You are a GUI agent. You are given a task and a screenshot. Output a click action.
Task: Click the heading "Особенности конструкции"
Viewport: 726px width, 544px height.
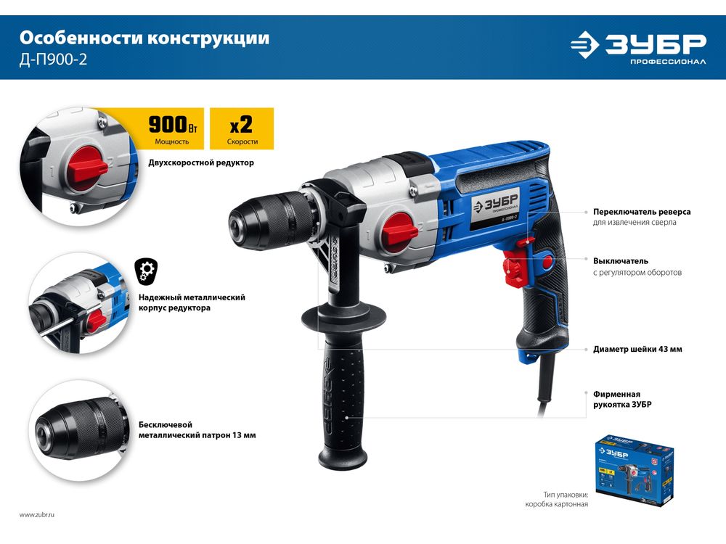tap(144, 38)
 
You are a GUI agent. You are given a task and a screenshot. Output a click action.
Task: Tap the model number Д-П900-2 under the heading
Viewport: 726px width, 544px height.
tap(53, 59)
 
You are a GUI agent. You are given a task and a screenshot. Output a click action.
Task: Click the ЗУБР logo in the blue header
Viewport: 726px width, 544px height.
tap(638, 46)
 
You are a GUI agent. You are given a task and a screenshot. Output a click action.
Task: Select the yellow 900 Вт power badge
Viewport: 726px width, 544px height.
tap(172, 129)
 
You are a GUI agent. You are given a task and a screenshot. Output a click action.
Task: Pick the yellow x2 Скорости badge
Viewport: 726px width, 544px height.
tap(242, 129)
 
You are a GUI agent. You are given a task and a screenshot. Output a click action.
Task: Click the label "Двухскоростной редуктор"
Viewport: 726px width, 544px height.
tap(201, 162)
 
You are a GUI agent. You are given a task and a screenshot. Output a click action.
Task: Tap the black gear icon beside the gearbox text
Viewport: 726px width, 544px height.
tap(147, 271)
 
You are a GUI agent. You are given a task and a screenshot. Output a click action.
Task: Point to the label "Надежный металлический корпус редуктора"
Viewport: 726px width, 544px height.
tap(192, 302)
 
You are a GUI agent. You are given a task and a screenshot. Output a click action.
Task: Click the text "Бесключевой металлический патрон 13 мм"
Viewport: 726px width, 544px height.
tap(197, 429)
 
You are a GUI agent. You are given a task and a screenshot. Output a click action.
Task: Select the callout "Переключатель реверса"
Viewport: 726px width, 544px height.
tap(642, 212)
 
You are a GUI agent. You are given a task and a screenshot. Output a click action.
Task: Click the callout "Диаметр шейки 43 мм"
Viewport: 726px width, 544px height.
tap(637, 350)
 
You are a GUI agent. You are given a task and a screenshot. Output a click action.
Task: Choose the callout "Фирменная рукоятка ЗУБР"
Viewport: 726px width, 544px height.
tap(622, 399)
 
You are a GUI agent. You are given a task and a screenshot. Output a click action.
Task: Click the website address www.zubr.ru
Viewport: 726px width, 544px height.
tap(37, 514)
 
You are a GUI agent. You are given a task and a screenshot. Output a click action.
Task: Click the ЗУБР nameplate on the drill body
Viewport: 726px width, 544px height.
tap(494, 207)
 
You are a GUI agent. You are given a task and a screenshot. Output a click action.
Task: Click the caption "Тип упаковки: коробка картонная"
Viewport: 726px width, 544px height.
tap(557, 500)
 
